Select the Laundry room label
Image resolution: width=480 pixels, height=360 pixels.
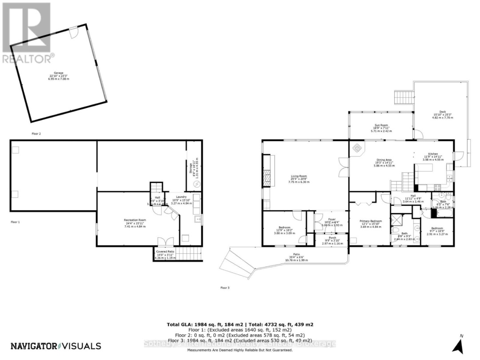click(x=181, y=197)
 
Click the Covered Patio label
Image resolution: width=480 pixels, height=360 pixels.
click(x=165, y=252)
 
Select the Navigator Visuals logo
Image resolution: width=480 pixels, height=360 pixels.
click(x=56, y=346)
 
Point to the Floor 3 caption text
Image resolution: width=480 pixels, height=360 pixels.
click(x=225, y=288)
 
